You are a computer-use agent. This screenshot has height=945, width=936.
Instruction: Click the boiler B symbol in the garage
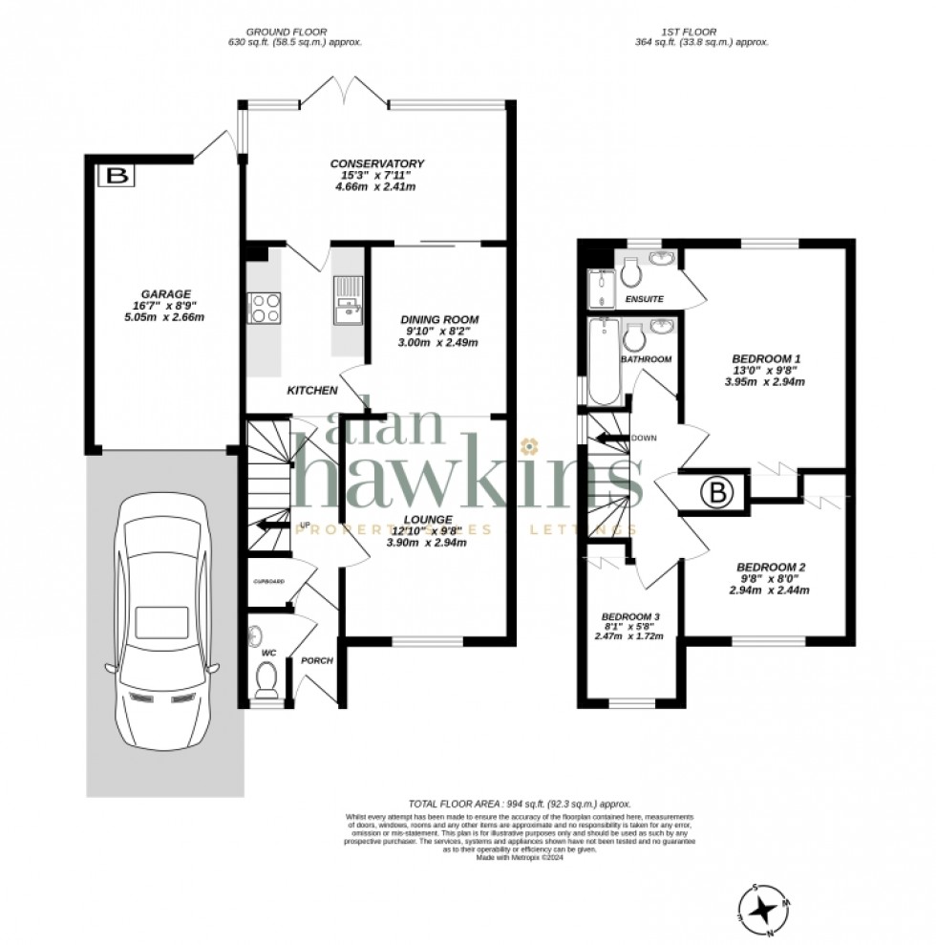117,176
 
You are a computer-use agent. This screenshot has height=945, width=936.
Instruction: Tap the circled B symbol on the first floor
715,493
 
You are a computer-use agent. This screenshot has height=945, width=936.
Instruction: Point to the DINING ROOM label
439,319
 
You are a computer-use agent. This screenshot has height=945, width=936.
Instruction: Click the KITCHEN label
312,391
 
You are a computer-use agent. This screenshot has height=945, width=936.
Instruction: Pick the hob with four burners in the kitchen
264,307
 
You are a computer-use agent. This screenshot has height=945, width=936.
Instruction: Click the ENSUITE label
644,300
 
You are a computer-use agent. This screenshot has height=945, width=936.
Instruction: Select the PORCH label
316,660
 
